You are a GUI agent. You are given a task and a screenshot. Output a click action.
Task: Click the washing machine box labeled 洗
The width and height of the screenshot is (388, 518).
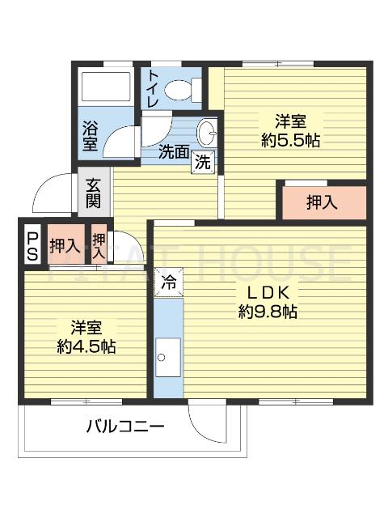click(x=204, y=160)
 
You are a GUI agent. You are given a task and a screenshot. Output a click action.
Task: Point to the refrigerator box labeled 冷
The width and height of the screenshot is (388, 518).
click(x=169, y=283)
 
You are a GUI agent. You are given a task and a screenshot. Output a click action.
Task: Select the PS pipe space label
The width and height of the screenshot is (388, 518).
click(x=32, y=245)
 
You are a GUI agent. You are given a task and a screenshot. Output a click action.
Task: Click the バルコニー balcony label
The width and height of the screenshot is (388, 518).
click(x=125, y=426)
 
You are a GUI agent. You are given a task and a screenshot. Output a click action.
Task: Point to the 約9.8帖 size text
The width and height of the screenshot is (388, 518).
click(x=268, y=311)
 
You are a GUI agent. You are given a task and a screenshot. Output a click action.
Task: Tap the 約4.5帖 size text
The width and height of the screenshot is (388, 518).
click(x=86, y=346)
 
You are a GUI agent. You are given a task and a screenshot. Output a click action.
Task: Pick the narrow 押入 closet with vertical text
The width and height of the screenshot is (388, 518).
click(x=99, y=245)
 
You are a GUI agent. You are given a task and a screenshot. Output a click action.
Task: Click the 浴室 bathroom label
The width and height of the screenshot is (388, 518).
click(x=90, y=135)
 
